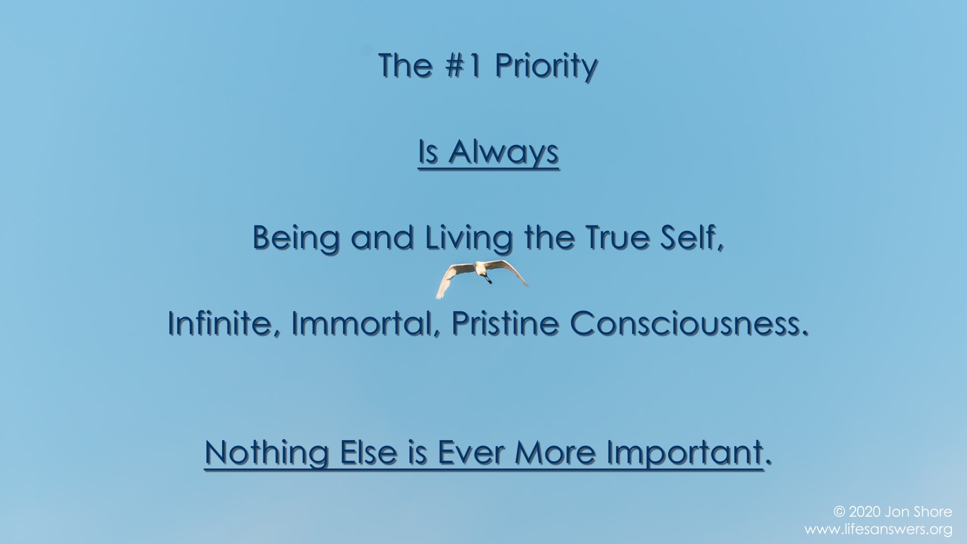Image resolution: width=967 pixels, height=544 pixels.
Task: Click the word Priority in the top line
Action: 546,67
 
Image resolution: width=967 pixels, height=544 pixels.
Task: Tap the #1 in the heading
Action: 463,66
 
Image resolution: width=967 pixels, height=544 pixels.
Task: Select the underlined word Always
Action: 504,152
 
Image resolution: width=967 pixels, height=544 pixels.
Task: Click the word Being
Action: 296,238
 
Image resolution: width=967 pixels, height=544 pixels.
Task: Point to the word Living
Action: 469,238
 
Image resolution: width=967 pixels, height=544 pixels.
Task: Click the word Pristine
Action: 505,323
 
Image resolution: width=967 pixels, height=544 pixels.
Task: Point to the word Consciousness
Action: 689,323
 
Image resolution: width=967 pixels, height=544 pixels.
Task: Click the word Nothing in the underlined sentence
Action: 267,453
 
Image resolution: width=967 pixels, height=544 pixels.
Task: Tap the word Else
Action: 369,452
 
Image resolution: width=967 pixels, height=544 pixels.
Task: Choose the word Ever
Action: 470,452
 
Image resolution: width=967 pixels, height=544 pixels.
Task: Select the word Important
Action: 685,453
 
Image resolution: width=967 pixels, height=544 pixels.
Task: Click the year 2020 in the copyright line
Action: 864,512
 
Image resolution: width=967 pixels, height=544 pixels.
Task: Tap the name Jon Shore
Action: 919,512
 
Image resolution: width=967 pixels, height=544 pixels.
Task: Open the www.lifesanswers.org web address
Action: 878,529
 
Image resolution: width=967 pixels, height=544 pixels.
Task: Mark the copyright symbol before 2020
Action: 839,512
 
